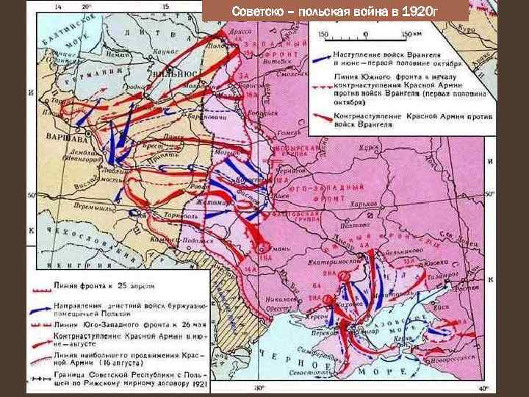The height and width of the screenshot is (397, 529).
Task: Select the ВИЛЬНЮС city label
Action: (x=178, y=75)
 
